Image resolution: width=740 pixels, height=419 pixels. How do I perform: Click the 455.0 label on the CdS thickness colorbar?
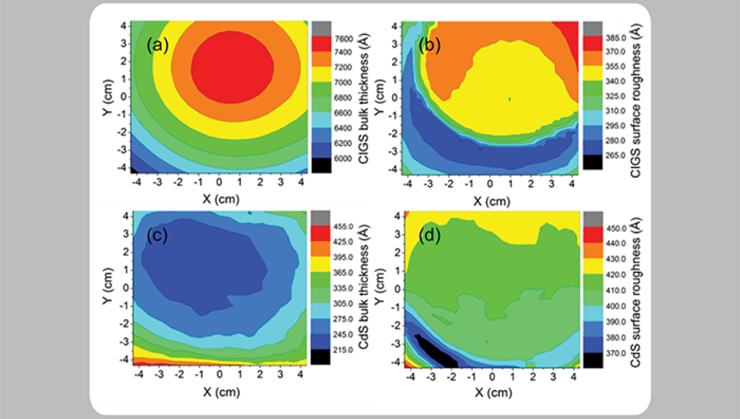[342, 226]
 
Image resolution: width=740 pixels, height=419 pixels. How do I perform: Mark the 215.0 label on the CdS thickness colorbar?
[342, 349]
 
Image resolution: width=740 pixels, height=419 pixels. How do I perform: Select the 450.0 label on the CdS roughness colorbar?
[614, 228]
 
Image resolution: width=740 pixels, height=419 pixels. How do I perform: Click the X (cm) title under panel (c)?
[219, 392]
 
